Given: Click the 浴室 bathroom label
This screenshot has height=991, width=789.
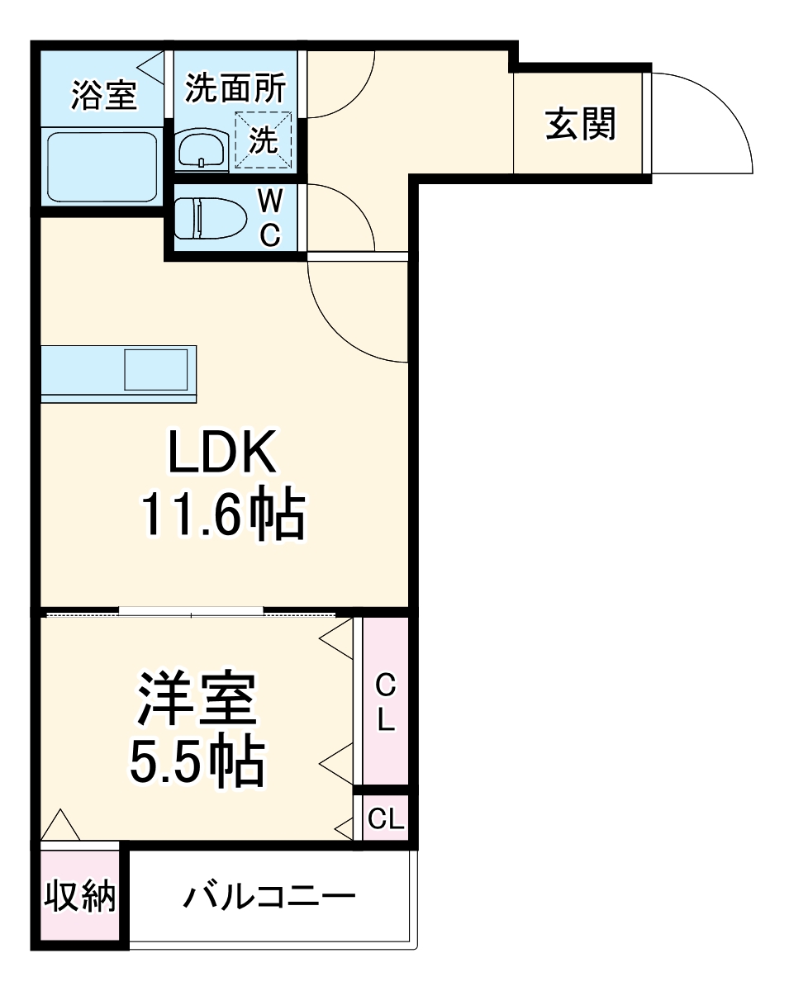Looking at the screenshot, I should [x=103, y=95].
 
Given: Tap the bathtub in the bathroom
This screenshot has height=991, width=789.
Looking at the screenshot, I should [x=102, y=168].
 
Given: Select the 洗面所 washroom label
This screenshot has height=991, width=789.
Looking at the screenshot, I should [x=235, y=88].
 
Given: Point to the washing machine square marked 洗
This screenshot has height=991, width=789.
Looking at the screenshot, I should [x=264, y=139].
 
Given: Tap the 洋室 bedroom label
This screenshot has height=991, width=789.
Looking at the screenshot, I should [x=197, y=699].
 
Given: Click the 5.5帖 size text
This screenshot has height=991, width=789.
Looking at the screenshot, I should [x=197, y=761].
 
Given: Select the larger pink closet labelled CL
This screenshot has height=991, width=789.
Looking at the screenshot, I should [x=386, y=702].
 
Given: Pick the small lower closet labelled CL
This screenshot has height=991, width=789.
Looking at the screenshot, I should [x=386, y=818].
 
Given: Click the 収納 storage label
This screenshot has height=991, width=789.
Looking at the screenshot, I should [x=79, y=898].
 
